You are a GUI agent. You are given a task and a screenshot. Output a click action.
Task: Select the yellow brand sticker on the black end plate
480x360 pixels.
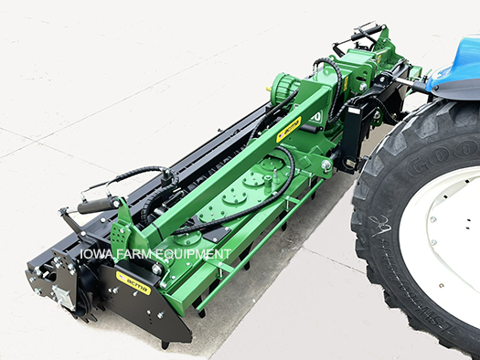[x=133, y=278]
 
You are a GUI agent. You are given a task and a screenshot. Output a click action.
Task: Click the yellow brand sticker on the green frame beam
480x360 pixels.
[x=289, y=128]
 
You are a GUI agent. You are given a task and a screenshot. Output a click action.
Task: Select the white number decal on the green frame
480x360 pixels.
[x=315, y=117]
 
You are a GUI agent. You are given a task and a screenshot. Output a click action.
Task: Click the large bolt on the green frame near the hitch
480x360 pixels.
[x=326, y=165]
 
